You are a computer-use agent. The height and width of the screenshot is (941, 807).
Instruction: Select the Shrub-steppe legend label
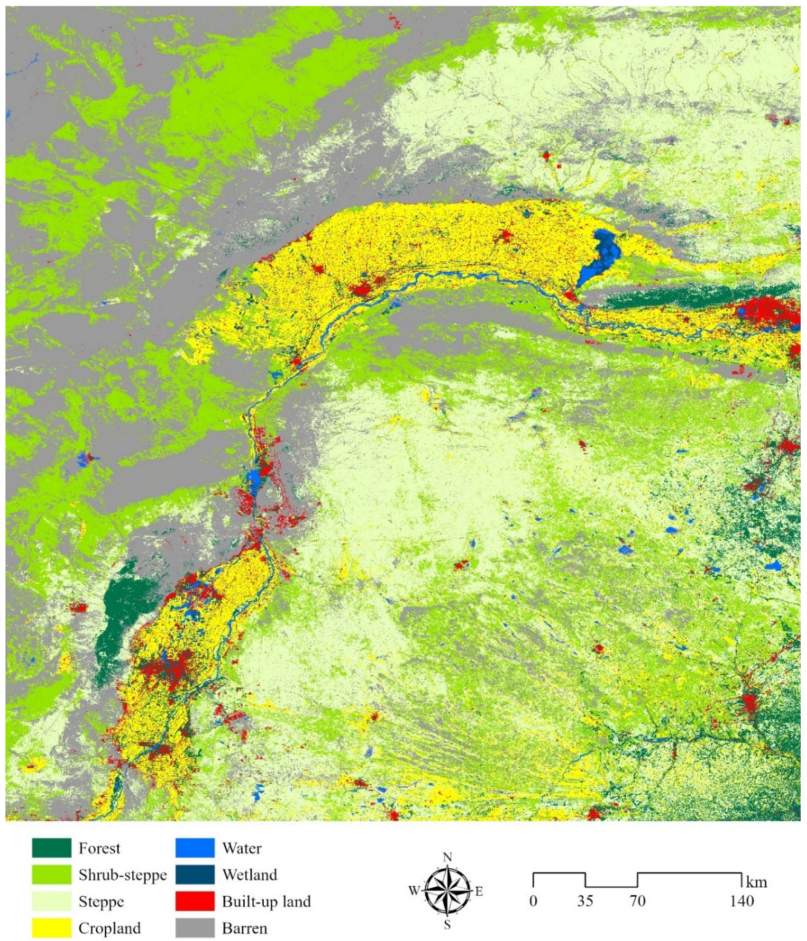(x=123, y=875)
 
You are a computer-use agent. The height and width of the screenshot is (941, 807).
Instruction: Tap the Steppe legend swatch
(x=51, y=901)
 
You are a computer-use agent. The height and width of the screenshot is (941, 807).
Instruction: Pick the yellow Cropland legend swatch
(x=51, y=928)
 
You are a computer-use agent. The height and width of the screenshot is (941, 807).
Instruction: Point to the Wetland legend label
(x=249, y=875)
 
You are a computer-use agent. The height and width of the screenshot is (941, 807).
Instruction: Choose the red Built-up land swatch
(x=195, y=901)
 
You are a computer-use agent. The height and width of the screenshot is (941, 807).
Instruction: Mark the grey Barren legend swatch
(x=195, y=928)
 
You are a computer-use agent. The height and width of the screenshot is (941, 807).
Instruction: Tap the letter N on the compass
(x=448, y=857)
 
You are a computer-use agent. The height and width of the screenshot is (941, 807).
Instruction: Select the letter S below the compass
(x=448, y=925)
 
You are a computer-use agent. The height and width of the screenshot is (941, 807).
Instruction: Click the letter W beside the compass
(x=414, y=891)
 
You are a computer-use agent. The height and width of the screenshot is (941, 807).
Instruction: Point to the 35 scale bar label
(x=585, y=900)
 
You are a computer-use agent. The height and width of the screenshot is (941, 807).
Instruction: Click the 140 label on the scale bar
(x=741, y=900)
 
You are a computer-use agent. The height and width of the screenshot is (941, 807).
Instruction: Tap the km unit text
(x=756, y=883)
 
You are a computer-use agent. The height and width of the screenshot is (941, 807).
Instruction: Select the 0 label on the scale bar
(x=533, y=900)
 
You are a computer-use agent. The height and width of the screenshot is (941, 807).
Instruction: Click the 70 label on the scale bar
(x=637, y=900)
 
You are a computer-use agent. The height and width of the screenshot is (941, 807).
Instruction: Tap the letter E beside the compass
(x=479, y=891)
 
